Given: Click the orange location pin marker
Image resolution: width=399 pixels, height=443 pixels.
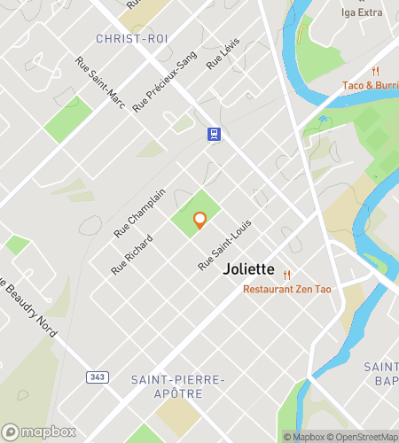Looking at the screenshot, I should (x=199, y=219).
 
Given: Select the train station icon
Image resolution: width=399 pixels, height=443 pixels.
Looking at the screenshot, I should (x=214, y=134).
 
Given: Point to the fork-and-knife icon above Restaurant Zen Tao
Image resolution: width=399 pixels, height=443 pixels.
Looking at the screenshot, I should (x=286, y=275).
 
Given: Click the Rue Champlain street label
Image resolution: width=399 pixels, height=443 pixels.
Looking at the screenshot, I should (x=139, y=214).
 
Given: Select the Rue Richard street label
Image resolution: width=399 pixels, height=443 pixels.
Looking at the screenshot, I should (x=132, y=253).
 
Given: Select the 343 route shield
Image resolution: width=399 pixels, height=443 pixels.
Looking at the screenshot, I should (x=97, y=377).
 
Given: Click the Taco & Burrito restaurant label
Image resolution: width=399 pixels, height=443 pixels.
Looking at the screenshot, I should (x=371, y=85).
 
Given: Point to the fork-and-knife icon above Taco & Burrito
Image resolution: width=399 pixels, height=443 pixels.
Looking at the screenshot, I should (x=375, y=70).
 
